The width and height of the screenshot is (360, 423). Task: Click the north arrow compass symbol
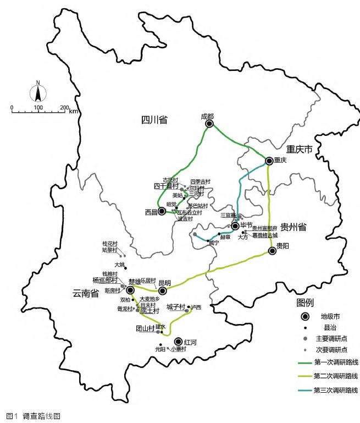pos(38,91)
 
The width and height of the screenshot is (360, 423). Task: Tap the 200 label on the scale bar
pos(64,107)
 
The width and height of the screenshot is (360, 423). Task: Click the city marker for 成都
pos(209,124)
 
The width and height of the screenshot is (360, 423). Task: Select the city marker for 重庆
pos(269,161)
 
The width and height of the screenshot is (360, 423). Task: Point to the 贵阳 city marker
pos(272,251)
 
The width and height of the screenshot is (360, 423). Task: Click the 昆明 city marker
pos(162,290)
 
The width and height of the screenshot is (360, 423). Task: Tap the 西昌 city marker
pos(162,211)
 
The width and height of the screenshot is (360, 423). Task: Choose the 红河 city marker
pos(178,342)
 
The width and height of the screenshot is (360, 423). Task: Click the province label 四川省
pos(154,120)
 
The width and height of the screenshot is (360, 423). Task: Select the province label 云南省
pos(85,294)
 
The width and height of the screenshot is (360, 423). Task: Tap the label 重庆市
pos(299,149)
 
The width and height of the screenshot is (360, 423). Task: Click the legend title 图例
pos(306,303)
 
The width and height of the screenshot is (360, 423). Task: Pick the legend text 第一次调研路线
pos(335,362)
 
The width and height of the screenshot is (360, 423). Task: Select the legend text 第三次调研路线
pos(335,391)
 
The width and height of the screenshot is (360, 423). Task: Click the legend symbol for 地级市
pos(305,317)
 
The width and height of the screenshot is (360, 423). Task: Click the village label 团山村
pos(146,328)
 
